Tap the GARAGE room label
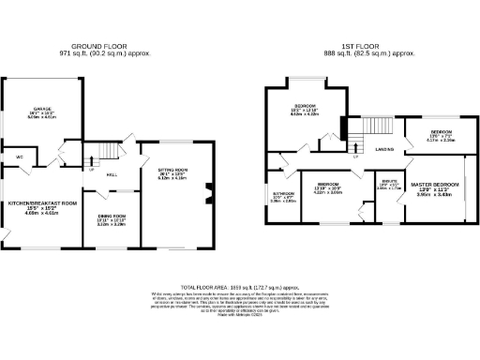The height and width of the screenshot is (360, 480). point(42,110)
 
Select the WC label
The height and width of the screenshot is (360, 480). point(19,157)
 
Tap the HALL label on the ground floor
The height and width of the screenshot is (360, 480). point(111,174)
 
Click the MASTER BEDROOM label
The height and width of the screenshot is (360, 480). point(435,185)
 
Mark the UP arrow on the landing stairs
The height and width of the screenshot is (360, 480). point(356,157)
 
